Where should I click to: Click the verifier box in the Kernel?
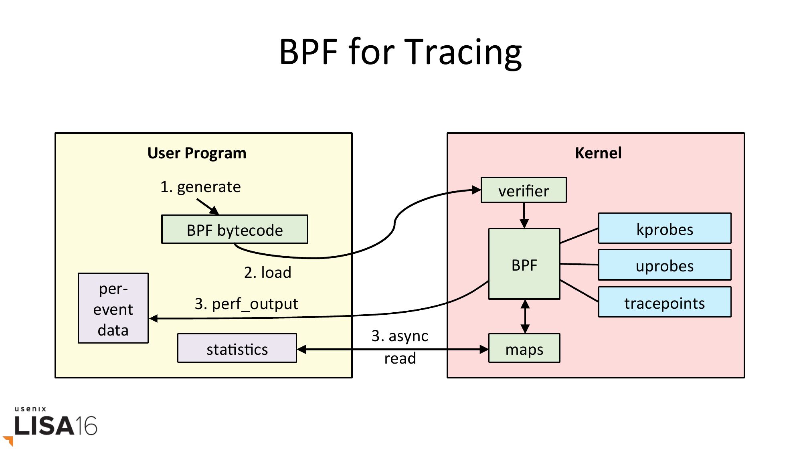523,190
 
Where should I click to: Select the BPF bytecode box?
235,229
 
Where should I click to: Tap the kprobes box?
664,229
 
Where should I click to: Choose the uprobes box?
664,265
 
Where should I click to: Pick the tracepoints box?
664,302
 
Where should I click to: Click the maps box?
524,348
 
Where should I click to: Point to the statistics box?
237,348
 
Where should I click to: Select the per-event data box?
113,308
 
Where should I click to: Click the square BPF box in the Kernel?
524,264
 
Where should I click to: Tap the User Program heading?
196,153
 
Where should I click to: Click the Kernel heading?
598,153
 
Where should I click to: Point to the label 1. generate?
200,187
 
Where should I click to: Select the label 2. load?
267,273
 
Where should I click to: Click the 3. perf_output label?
246,304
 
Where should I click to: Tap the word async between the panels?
408,336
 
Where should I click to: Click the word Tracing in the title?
465,52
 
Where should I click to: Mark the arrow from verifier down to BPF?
524,215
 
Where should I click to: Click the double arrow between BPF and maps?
525,316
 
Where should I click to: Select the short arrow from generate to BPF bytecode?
208,206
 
